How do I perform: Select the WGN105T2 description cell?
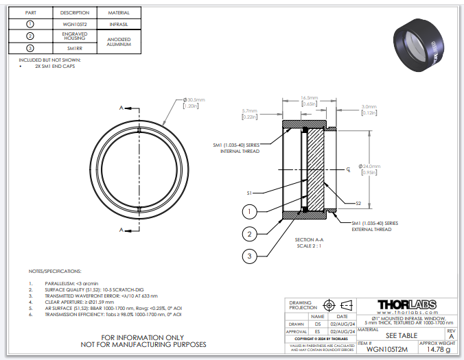click(74, 24)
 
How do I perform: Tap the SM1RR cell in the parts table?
click(74, 47)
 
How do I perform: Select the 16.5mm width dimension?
click(309, 100)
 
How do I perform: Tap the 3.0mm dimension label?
click(368, 109)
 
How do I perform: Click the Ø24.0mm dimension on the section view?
click(371, 169)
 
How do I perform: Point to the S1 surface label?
click(251, 193)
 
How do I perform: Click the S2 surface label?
click(358, 203)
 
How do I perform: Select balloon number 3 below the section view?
click(251, 256)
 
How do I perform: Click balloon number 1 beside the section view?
click(251, 211)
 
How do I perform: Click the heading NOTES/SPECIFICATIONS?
click(55, 272)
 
